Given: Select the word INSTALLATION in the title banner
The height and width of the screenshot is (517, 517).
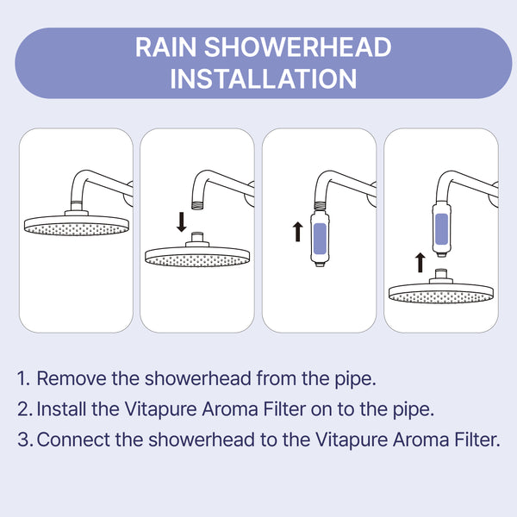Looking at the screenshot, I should point(264,78).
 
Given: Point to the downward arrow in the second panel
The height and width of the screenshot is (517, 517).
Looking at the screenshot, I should point(181,221).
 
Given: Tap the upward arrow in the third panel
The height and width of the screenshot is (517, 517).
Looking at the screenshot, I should point(297,231).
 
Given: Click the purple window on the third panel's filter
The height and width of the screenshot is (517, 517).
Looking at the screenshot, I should point(321,234).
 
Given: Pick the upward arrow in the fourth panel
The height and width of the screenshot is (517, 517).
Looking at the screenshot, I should point(420,261).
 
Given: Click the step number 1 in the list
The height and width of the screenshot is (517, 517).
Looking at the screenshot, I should point(23,378).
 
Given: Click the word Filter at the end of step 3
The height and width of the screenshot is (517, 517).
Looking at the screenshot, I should point(477,439).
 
